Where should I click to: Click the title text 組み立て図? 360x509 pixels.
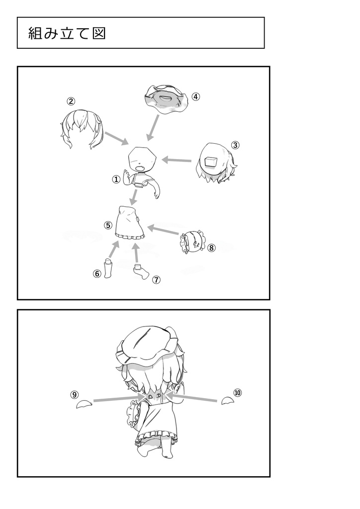tap(67, 33)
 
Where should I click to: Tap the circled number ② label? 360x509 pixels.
tap(71, 101)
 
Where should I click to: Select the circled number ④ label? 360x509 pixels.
tap(195, 96)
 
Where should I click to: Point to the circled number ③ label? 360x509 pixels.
tap(235, 145)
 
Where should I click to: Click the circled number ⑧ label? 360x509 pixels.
tap(211, 248)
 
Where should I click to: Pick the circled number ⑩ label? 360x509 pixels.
tap(238, 393)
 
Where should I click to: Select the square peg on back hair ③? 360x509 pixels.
tap(211, 162)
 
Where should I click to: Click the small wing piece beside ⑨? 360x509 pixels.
tap(82, 404)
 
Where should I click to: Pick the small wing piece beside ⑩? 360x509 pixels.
tap(227, 401)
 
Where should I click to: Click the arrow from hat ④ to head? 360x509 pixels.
tap(153, 128)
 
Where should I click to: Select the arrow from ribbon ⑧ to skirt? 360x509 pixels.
tap(163, 230)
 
